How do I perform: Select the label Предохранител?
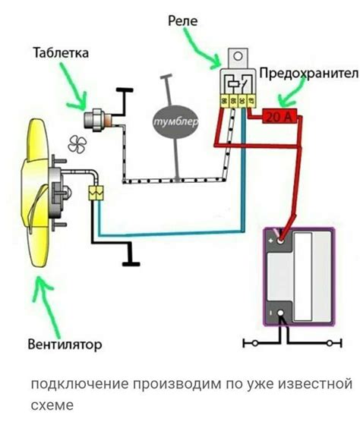pos(308,73)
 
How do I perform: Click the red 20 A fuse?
pos(283,116)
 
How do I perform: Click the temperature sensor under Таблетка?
pos(99,118)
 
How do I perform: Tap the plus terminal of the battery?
pos(280,241)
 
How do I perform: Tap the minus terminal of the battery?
pos(280,312)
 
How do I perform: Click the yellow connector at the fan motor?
pos(96,193)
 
